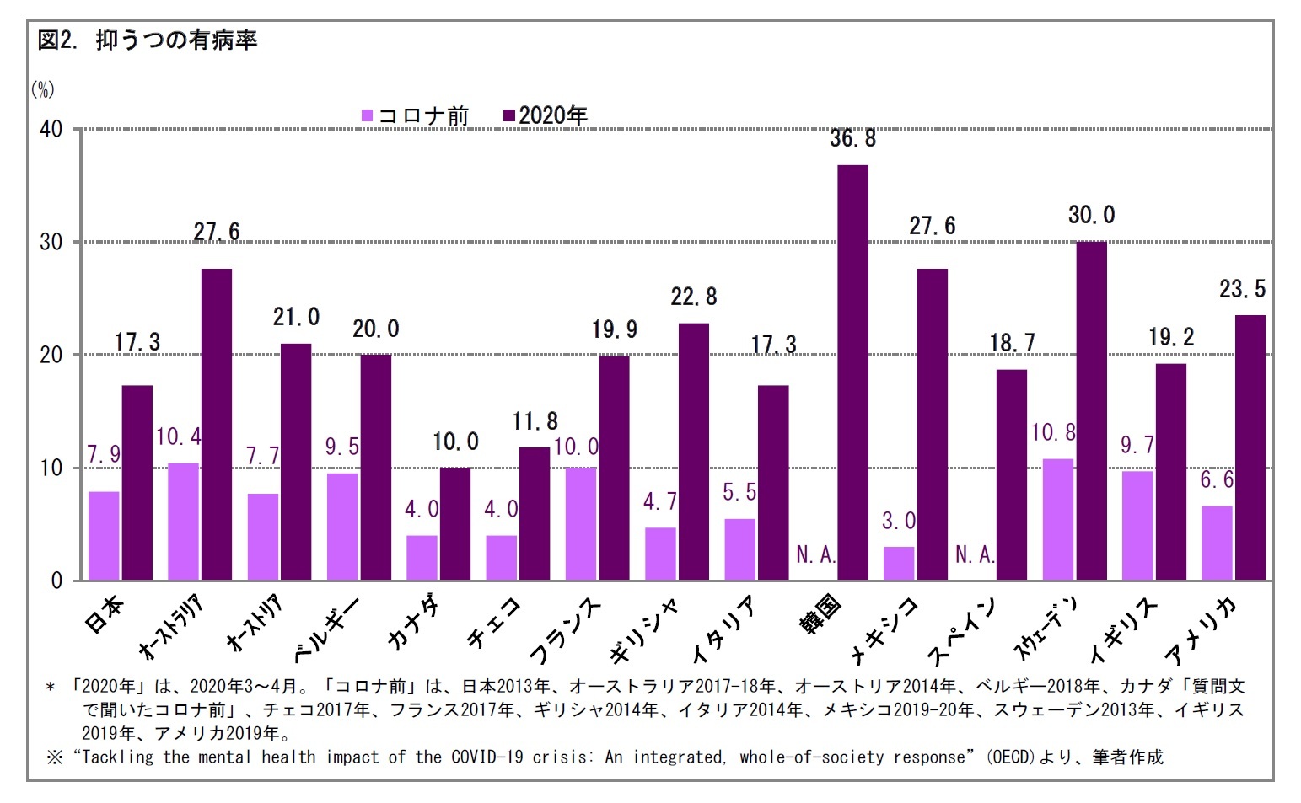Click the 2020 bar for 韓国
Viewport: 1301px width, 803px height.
(x=852, y=372)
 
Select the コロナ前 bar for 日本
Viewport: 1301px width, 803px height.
(x=104, y=536)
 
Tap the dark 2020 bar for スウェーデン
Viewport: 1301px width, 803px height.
(x=1091, y=410)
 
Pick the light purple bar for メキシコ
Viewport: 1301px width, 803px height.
(x=899, y=563)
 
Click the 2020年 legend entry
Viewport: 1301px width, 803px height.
(x=546, y=115)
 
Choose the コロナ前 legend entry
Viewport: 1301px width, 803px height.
(x=416, y=115)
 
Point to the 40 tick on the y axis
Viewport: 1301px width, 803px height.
(x=51, y=129)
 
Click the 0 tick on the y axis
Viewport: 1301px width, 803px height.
(x=56, y=581)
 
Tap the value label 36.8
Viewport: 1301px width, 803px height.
(x=852, y=139)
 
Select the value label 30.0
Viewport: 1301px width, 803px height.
(x=1091, y=216)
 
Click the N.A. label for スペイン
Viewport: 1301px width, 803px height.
(x=975, y=554)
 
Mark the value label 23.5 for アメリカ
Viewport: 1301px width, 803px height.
(x=1242, y=290)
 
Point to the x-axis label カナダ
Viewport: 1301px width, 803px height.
(x=414, y=623)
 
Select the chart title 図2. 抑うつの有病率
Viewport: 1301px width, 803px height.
(x=148, y=40)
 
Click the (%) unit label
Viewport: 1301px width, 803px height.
(x=42, y=89)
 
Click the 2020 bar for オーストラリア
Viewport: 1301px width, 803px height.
(x=217, y=424)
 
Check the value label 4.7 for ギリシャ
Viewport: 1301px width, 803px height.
(x=659, y=502)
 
